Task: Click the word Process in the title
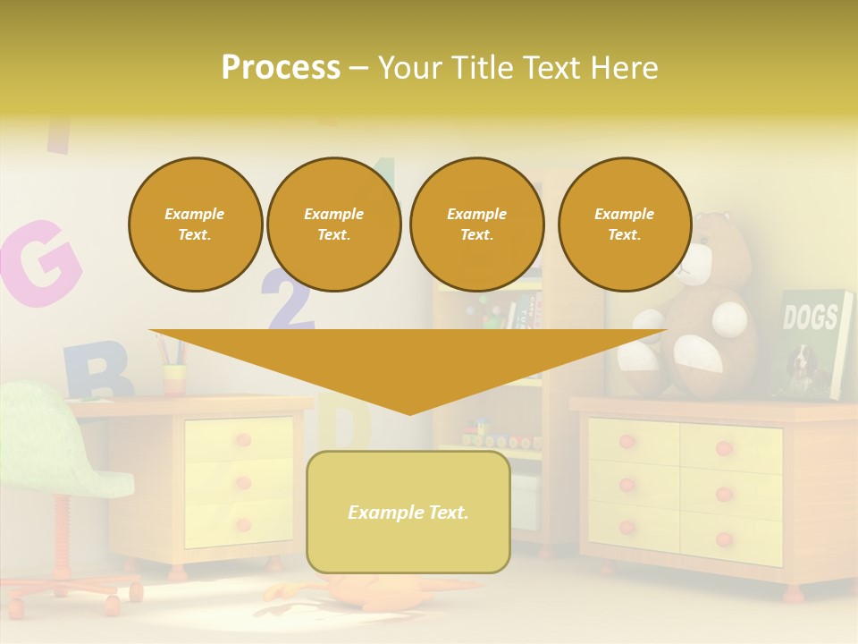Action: coord(281,68)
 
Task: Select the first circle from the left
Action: coord(195,224)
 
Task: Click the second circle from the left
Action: coord(333,224)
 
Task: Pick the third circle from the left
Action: coord(476,224)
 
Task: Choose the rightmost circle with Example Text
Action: coord(624,224)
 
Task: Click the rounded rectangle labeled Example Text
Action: coord(408,512)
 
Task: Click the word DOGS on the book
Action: coord(810,317)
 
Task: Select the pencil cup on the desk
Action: coord(174,378)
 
